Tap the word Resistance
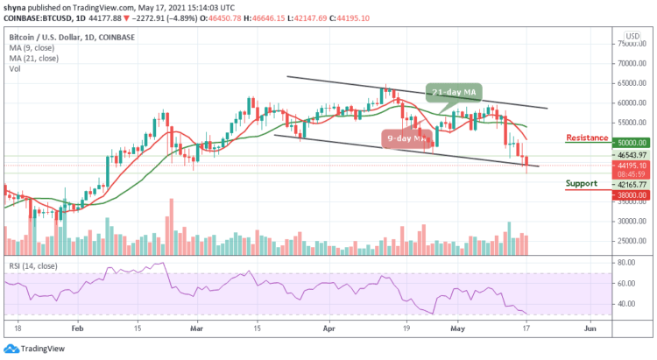coord(586,138)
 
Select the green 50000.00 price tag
coord(632,142)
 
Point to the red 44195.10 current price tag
coord(632,166)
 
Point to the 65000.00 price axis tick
coord(632,83)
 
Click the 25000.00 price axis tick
coord(632,241)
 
